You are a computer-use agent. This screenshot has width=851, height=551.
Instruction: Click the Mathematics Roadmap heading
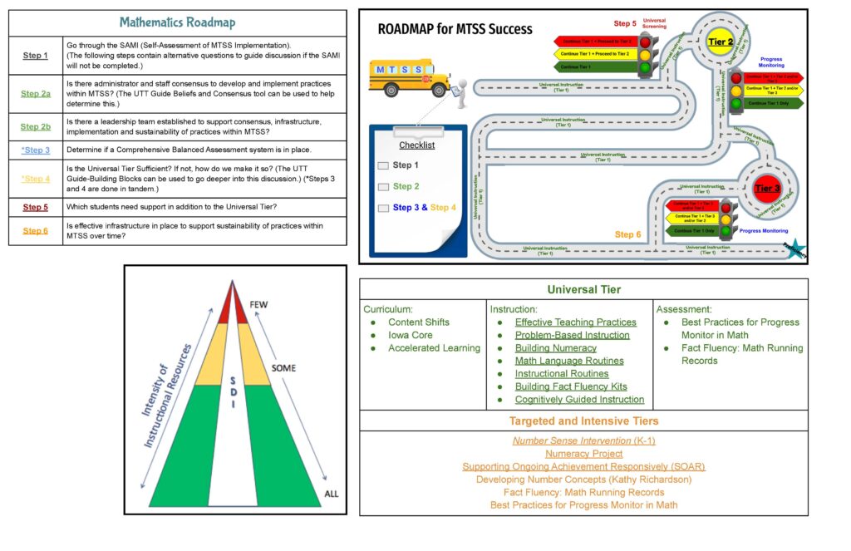177,22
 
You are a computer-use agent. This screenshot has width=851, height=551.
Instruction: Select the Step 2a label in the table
36,94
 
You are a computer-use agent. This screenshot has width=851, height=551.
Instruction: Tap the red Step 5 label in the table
36,207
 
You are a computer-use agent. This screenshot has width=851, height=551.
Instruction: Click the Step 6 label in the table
36,231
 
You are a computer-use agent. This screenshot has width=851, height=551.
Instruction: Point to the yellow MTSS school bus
409,77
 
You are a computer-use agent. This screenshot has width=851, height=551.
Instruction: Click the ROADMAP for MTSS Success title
455,29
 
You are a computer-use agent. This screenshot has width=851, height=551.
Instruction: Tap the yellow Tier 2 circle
720,41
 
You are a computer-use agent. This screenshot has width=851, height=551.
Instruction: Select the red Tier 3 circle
766,189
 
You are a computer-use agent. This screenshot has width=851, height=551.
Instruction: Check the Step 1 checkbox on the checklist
383,165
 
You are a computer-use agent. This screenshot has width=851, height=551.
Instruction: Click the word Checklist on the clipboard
416,145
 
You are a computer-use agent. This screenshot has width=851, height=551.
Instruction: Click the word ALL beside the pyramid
332,494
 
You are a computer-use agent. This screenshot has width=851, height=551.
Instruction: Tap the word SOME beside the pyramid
283,367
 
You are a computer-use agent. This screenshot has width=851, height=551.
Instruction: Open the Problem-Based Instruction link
572,335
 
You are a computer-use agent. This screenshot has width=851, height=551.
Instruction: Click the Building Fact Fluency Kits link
571,386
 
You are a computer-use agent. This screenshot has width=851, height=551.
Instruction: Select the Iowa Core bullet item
410,335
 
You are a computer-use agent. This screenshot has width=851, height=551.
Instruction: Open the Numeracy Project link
583,454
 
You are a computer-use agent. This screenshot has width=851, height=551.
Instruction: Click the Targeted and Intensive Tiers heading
583,421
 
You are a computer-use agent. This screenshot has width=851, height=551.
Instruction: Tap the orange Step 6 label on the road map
627,234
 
